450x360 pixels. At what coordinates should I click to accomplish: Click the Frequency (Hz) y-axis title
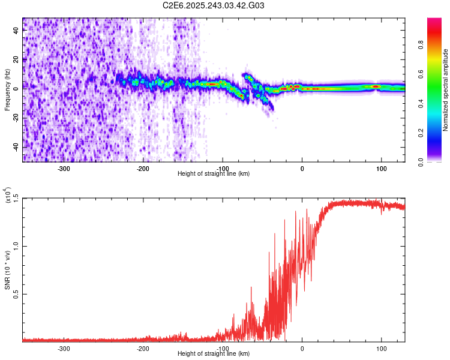click(7, 90)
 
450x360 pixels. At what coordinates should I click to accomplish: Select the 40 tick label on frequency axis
click(16, 32)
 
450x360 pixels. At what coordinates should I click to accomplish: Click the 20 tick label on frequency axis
click(16, 60)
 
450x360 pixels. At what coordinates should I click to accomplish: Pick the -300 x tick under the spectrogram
click(64, 169)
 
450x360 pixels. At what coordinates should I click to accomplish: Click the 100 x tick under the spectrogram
click(381, 169)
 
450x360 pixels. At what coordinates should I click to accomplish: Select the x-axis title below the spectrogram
click(214, 174)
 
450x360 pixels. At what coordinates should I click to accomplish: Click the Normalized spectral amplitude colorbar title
click(446, 90)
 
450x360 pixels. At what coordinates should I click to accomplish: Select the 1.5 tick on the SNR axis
click(16, 198)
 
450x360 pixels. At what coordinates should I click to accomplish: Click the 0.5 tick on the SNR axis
click(16, 294)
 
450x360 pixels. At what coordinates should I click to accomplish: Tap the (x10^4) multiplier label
click(8, 196)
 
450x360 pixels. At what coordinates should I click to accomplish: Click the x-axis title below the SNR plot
click(214, 354)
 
